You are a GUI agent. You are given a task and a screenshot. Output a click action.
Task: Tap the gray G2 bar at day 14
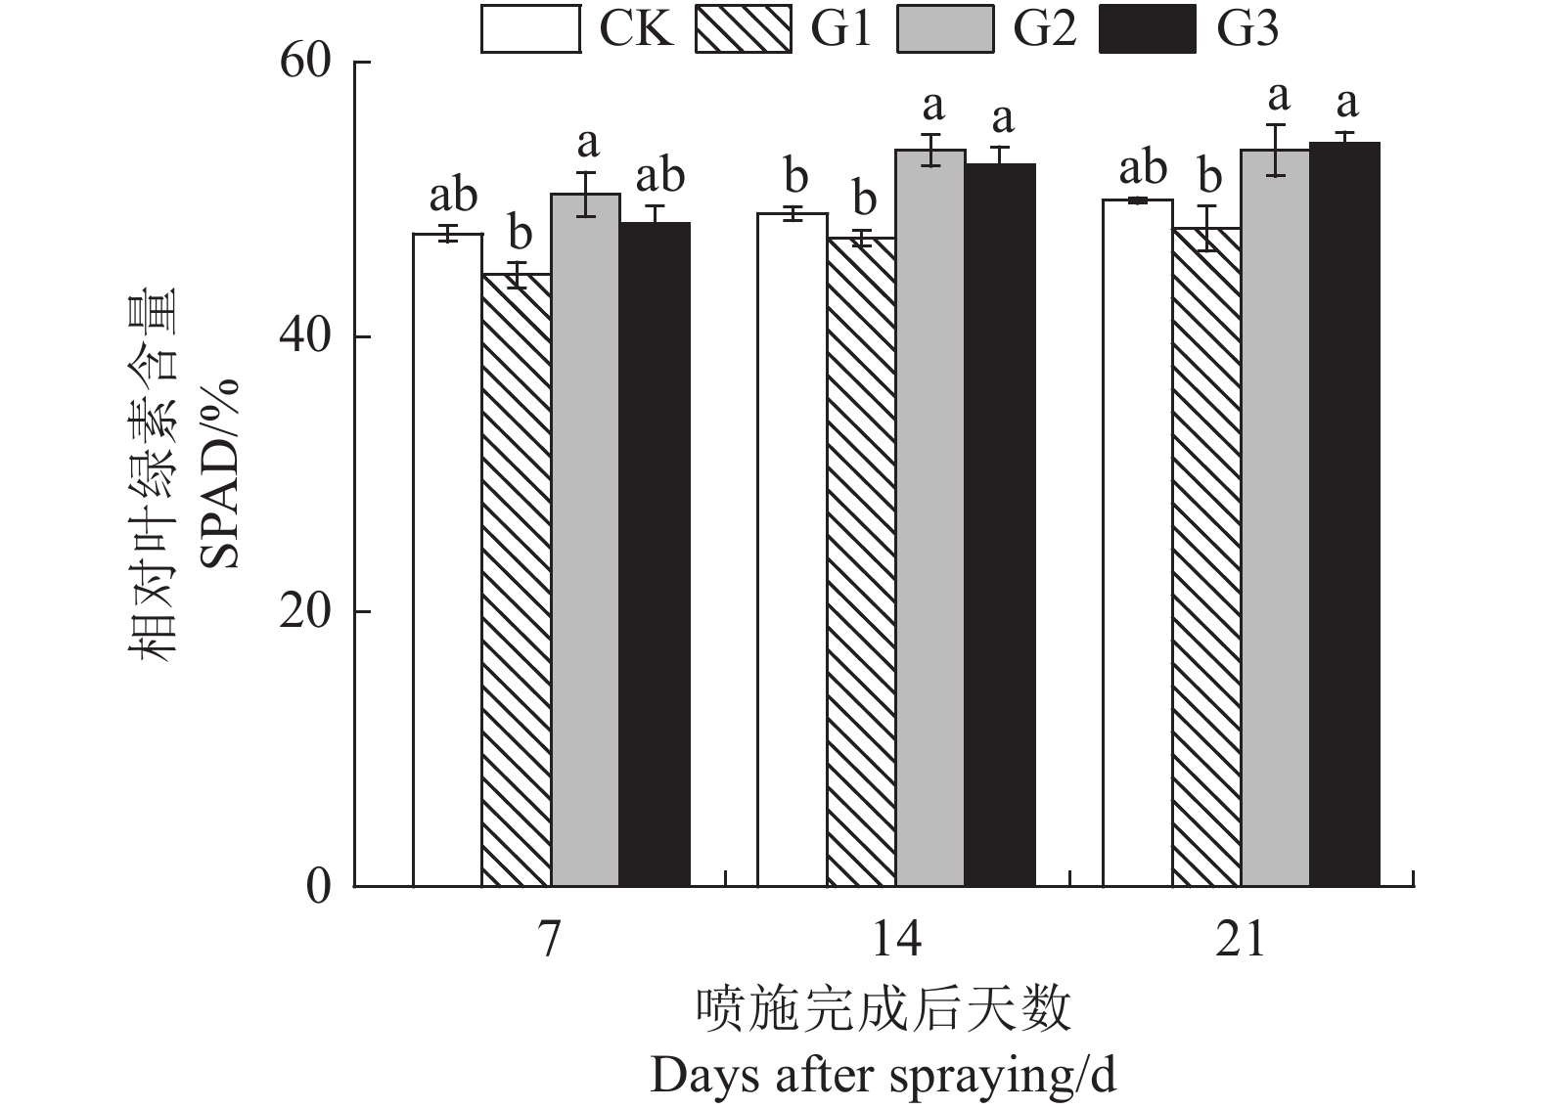930,517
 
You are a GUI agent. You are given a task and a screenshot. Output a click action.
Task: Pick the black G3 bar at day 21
1344,513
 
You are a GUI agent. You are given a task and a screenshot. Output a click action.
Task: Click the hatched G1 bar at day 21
1206,556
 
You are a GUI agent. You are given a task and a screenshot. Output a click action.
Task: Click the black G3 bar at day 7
655,554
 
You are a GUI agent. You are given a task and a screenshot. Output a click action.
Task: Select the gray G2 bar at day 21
1275,517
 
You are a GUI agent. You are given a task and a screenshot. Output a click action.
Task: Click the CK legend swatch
530,29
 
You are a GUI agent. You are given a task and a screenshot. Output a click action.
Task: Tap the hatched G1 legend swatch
743,29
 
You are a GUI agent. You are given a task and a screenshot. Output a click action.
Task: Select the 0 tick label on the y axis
321,887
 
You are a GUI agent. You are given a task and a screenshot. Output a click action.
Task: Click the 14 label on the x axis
896,940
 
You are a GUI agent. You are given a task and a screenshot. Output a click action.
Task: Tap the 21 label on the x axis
1241,940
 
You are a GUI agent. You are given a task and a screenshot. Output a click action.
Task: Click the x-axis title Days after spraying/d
883,1076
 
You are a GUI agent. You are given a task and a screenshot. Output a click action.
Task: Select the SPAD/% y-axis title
219,474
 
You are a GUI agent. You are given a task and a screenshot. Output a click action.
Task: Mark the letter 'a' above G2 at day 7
587,144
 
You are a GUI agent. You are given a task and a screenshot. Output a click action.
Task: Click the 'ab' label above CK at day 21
1142,168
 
